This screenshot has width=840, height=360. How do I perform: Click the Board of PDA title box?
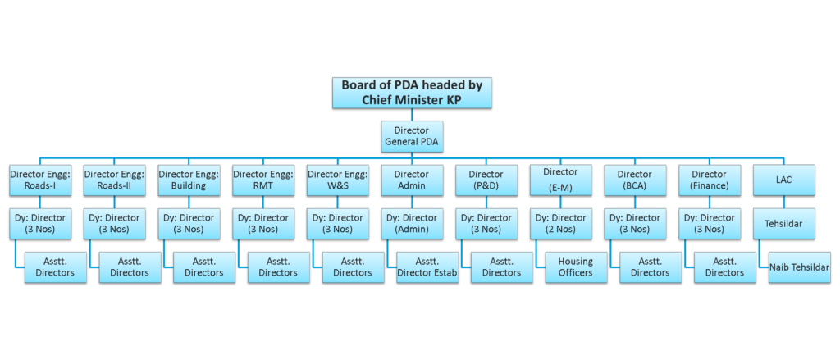(412, 92)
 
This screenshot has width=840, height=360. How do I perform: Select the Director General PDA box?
(412, 136)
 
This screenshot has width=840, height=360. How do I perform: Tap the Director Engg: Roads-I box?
(40, 180)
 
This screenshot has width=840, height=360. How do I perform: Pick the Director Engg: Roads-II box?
(114, 180)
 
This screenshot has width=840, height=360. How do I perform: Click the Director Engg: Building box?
(189, 180)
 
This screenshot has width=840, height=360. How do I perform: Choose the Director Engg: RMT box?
(262, 180)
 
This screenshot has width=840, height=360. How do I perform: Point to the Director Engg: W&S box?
(337, 180)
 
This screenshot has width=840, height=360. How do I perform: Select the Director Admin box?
(412, 180)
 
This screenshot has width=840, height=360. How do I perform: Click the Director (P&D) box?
(486, 180)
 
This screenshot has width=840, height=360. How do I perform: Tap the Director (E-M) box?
(560, 180)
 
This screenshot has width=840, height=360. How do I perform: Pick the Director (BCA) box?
(634, 180)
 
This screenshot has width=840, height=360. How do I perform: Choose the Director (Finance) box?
(709, 180)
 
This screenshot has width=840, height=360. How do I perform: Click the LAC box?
(783, 180)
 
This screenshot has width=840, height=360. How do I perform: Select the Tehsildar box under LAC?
(783, 223)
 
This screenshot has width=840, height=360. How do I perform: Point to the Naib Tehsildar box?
(799, 267)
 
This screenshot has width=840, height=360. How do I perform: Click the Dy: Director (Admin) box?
(412, 223)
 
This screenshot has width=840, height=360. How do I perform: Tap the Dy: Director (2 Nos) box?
(560, 223)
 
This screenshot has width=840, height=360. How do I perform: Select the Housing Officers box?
(576, 267)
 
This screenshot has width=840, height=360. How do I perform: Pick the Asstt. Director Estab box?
(427, 267)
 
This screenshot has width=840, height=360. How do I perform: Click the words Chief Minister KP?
(412, 100)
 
